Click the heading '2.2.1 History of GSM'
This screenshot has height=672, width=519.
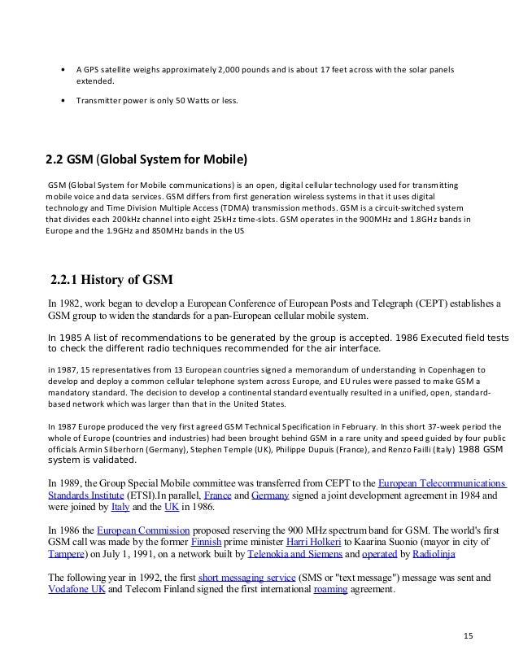pyautogui.click(x=111, y=281)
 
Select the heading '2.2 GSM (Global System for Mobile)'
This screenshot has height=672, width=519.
pyautogui.click(x=149, y=156)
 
